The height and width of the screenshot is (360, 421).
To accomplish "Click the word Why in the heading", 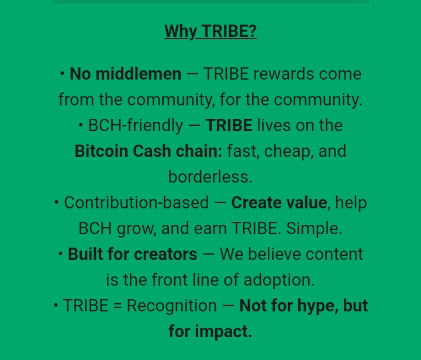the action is [181, 32].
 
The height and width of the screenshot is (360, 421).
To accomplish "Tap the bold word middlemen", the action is [139, 74].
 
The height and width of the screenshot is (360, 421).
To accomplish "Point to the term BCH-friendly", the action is [136, 125].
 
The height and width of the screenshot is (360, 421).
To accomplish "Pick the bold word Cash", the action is [151, 151].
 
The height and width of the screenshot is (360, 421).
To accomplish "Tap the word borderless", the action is [210, 177].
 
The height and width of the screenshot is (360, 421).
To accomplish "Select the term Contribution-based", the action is [136, 203].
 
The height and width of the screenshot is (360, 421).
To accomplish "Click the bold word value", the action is [306, 203].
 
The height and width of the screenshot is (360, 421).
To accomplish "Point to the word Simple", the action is [314, 228].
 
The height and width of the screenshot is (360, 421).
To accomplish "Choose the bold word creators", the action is [165, 254].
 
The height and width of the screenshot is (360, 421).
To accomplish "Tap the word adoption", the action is [279, 280].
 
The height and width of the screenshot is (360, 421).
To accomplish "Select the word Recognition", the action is [171, 306].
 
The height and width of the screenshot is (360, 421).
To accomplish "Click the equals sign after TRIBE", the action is [118, 306].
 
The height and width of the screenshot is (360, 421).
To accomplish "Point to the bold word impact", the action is [223, 331].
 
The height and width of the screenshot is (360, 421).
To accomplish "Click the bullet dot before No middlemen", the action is [62, 73].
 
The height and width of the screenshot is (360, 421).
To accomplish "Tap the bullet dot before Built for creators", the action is [60, 253].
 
